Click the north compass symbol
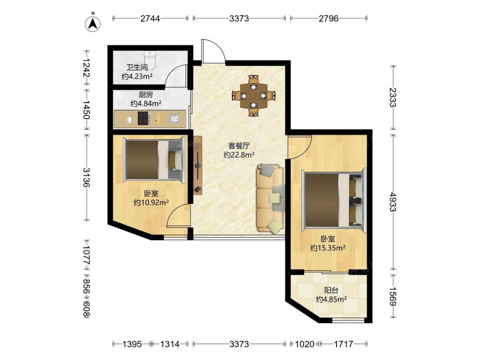pos(93,23)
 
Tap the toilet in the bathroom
pos(150,59)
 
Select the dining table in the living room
pos(253,96)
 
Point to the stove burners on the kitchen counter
pos(143,119)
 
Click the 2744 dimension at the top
pos(150,19)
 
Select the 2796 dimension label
pos(329,19)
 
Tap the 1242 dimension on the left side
pos(86,68)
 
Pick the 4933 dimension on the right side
pos(393,202)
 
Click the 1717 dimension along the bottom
pos(344,344)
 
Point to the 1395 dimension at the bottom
pos(132,344)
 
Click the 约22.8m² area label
pos(239,155)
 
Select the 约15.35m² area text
pos(328,248)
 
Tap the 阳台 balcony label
pos(331,290)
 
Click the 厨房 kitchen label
pos(146,95)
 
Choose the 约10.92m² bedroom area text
pos(152,203)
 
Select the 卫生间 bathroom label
pos(137,67)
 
